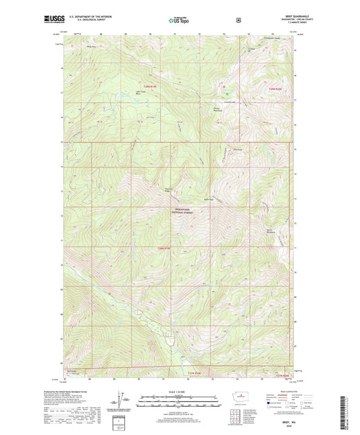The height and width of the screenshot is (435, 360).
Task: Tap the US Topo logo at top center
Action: click(x=180, y=21)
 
